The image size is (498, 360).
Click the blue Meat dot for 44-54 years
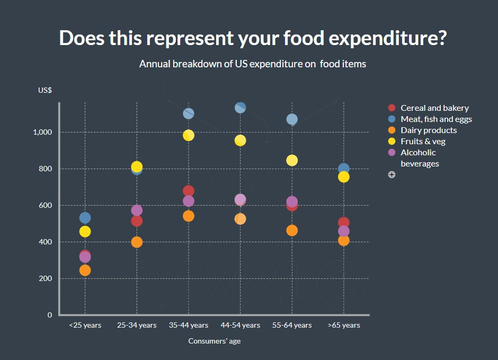[x=240, y=108]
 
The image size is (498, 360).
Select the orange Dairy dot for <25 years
[x=85, y=270]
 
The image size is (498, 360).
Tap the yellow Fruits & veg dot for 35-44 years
[x=189, y=135]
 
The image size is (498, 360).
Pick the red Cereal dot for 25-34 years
[x=137, y=221]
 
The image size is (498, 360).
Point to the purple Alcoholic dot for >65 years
[x=344, y=231]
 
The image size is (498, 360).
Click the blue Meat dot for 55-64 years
[x=292, y=119]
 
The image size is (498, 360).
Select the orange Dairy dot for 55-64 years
[x=292, y=231]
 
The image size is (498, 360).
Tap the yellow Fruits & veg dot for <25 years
[x=85, y=232]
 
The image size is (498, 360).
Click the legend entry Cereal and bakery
[x=434, y=108]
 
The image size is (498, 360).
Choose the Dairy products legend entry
[x=429, y=130]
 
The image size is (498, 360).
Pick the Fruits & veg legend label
[x=423, y=142]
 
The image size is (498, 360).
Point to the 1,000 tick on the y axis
[x=43, y=132]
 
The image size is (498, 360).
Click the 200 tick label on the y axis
[x=46, y=278]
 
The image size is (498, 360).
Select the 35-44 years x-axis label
[x=189, y=325]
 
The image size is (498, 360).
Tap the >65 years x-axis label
[x=344, y=325]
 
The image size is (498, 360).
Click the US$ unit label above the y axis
[x=45, y=90]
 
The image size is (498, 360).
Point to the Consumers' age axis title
[x=215, y=341]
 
